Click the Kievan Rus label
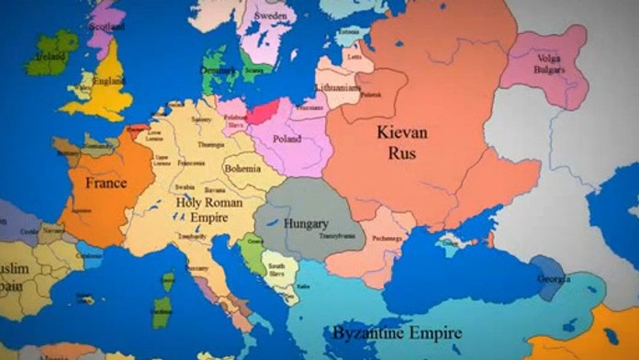[x=402, y=142]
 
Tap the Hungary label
[x=306, y=223]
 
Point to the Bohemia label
[x=242, y=169]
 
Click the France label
[x=106, y=183]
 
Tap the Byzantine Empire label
[x=398, y=332]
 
